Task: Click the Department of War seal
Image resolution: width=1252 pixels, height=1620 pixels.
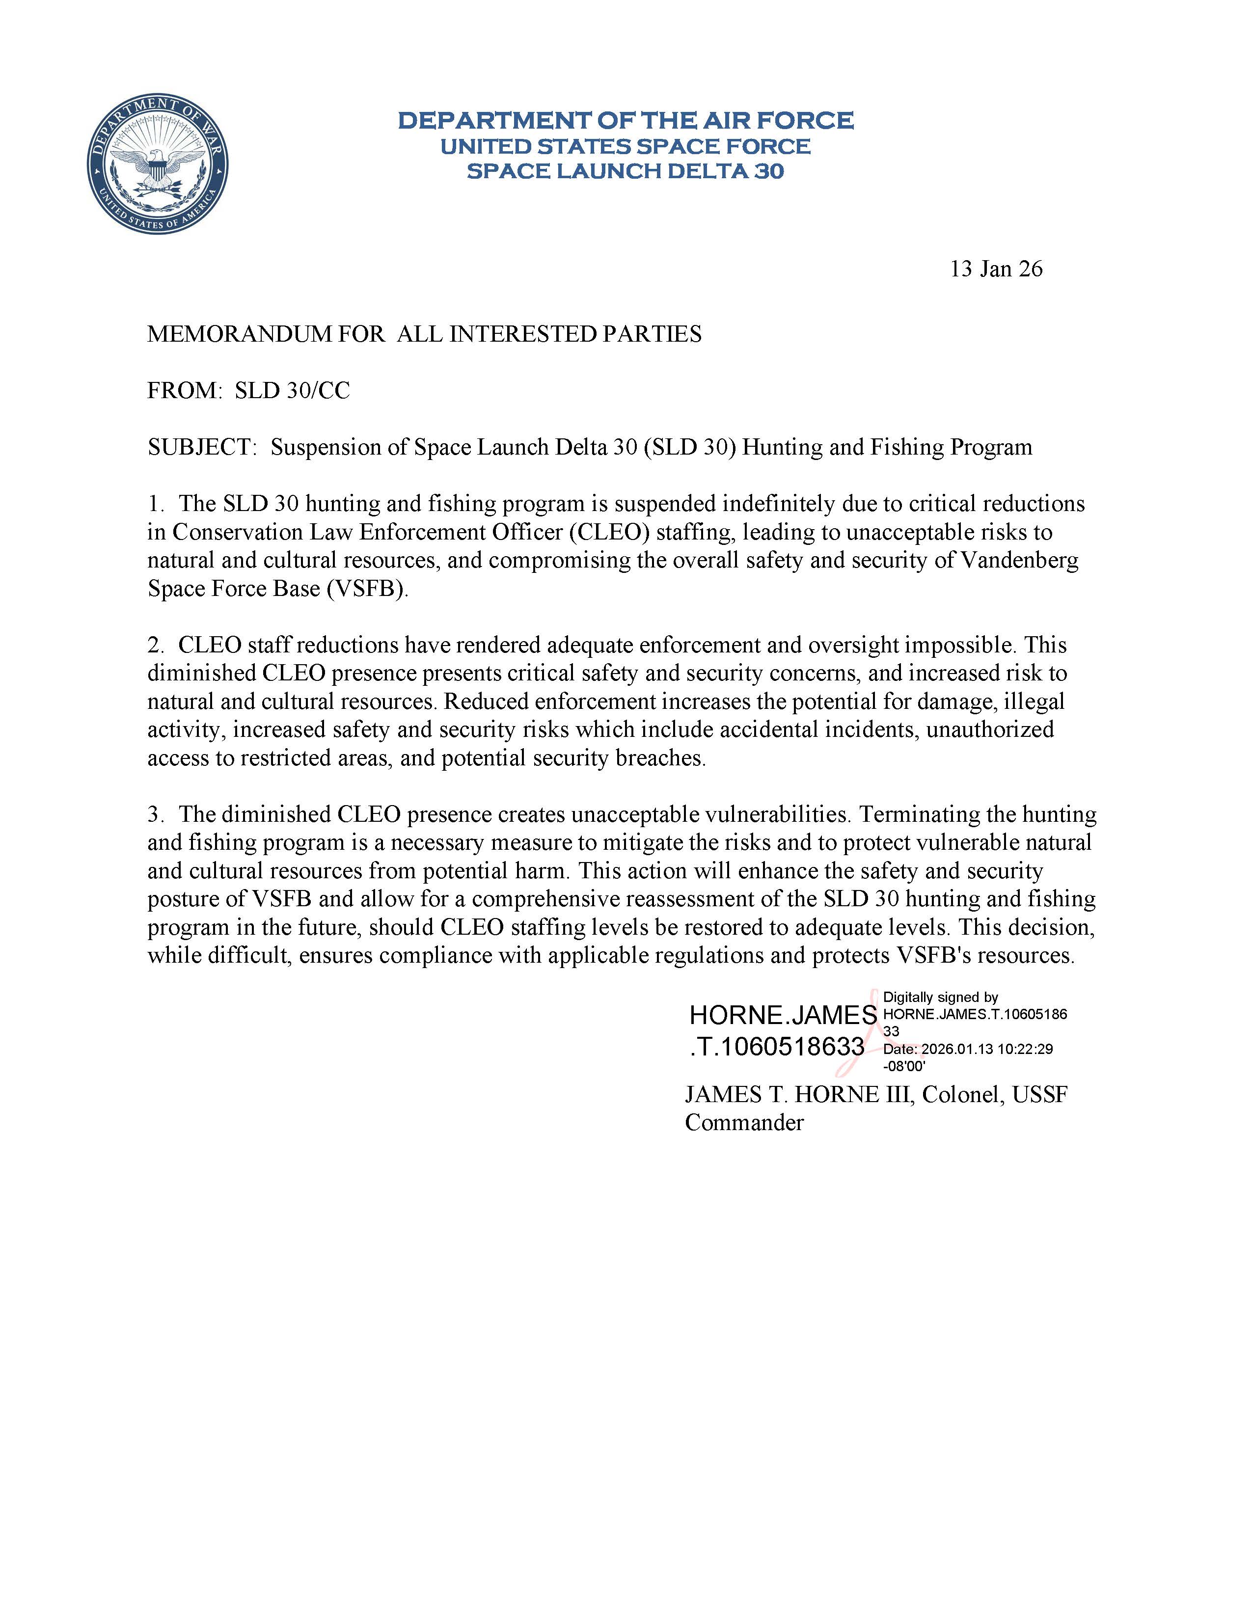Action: click(157, 164)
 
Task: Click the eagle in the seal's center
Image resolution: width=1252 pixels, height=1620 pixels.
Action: click(157, 164)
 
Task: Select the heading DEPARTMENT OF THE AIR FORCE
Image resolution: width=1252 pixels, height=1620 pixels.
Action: click(625, 120)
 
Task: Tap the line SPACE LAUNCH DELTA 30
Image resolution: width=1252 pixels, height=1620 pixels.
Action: click(625, 171)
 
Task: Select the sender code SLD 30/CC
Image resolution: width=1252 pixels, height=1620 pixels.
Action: click(292, 391)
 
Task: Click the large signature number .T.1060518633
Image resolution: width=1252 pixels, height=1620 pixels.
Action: click(777, 1047)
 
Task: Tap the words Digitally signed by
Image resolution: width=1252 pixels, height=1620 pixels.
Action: click(941, 998)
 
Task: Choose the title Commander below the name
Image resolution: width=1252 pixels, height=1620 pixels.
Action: click(744, 1122)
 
